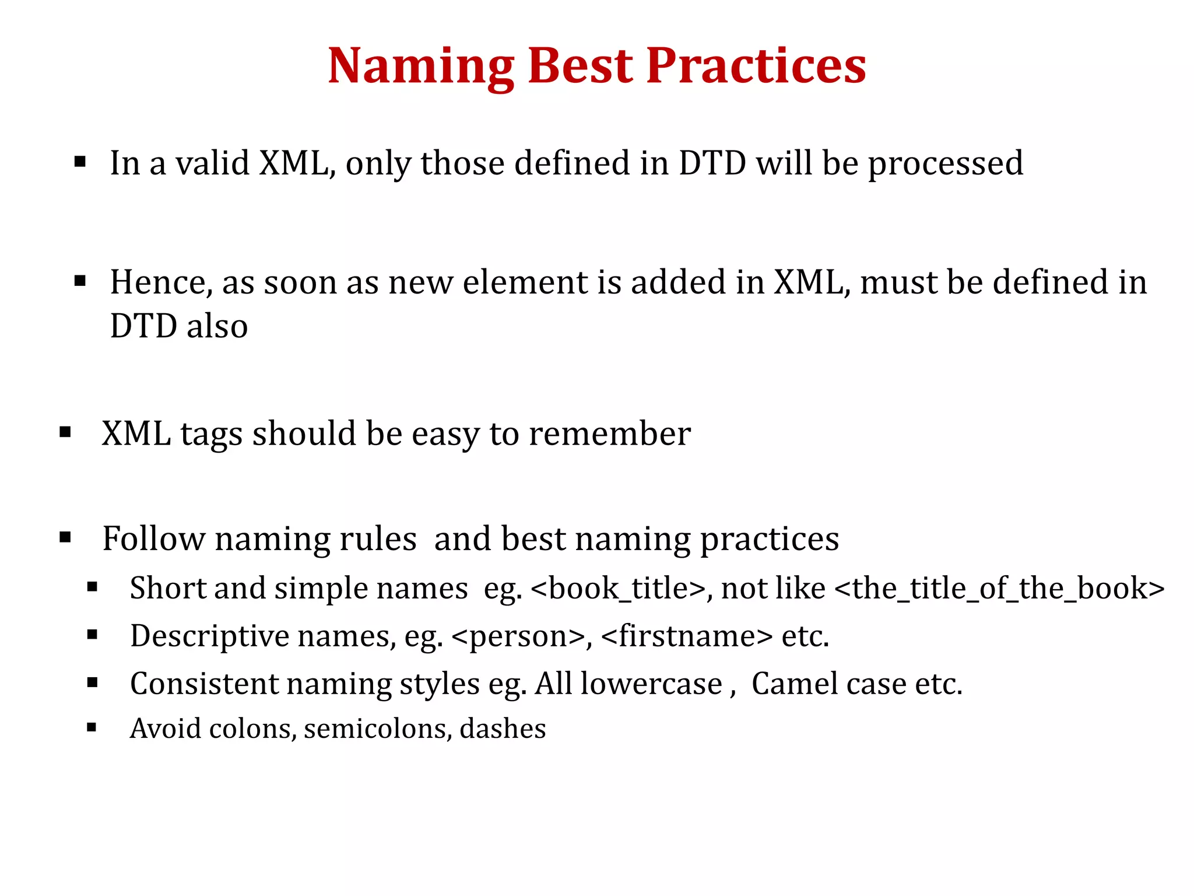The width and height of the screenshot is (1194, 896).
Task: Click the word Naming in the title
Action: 421,67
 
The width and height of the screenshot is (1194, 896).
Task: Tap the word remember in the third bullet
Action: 609,435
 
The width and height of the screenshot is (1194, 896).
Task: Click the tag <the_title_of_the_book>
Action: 999,589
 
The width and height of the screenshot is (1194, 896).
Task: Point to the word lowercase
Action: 651,684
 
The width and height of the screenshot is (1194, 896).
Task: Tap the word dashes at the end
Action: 503,729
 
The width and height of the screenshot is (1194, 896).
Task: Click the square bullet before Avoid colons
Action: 92,727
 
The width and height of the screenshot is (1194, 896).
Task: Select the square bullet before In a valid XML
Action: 80,162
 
